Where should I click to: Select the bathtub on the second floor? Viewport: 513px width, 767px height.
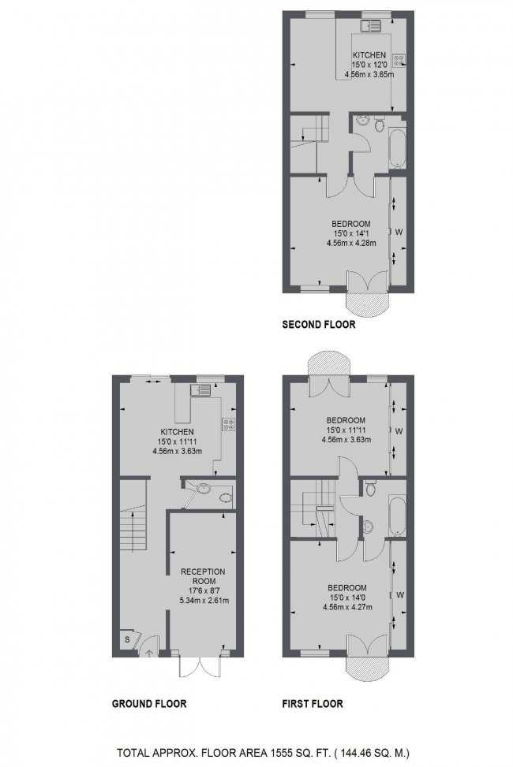click(396, 147)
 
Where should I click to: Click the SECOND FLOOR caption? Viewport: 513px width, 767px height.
click(319, 324)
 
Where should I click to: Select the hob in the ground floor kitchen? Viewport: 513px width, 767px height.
click(229, 424)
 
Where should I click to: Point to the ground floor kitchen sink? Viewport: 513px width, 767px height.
click(200, 389)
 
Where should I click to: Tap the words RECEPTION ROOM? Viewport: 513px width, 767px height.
click(203, 577)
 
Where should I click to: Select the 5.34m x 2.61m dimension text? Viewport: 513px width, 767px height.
click(204, 601)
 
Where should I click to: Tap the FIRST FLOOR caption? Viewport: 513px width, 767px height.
click(313, 704)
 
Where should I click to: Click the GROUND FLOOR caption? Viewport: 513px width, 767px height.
click(148, 704)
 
